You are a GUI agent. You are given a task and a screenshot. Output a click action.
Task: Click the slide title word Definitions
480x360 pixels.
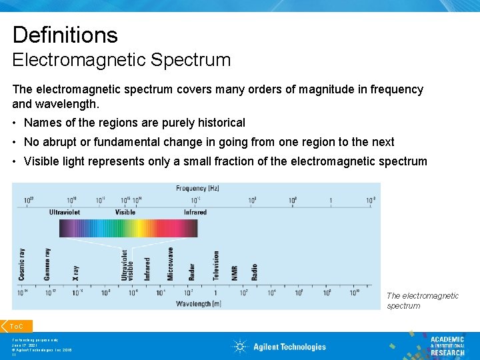click(65, 35)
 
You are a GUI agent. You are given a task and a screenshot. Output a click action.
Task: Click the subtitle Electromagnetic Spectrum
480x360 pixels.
click(121, 60)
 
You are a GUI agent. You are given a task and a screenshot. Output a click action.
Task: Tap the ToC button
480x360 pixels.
click(17, 326)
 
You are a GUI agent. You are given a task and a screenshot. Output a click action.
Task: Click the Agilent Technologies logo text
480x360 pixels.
click(289, 347)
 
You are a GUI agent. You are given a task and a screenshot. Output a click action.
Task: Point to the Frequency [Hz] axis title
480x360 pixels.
click(198, 189)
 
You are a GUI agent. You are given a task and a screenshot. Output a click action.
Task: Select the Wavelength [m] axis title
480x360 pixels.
click(198, 304)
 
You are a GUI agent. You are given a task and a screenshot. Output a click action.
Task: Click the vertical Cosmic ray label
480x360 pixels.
click(23, 265)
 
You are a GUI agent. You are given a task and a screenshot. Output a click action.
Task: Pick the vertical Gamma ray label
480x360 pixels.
click(47, 264)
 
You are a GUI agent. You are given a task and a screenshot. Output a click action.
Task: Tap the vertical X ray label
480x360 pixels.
click(75, 271)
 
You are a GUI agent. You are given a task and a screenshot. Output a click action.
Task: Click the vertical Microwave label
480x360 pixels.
click(170, 264)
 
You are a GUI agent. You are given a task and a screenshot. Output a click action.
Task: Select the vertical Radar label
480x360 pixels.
click(191, 271)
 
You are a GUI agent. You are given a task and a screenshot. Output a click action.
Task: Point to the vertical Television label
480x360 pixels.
click(215, 265)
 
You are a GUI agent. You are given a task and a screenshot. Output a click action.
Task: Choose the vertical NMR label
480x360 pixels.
click(235, 273)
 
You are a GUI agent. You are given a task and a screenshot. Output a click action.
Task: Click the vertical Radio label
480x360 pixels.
click(254, 272)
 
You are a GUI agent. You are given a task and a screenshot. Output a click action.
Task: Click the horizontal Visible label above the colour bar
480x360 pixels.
click(125, 212)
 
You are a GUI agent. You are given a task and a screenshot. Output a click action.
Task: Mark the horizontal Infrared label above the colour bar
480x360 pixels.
click(195, 212)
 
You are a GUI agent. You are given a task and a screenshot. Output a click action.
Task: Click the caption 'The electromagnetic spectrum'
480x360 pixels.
click(423, 301)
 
